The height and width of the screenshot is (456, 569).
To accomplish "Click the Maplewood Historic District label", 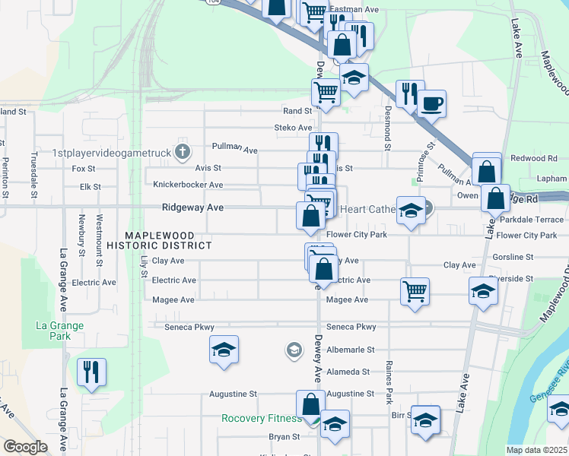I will [159, 240].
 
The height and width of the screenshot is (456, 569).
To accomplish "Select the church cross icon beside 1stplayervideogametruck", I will [182, 152].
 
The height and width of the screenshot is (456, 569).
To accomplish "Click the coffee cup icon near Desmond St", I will [431, 103].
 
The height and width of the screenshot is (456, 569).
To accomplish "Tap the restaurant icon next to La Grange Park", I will [92, 372].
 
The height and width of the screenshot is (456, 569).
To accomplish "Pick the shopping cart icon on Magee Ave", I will [415, 291].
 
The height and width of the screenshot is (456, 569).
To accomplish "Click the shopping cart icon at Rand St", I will [326, 93].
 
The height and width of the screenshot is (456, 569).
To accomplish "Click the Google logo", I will [25, 447].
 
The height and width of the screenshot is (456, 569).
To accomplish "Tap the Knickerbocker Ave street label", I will [188, 185].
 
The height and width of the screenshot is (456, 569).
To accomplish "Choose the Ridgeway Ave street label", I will [192, 207].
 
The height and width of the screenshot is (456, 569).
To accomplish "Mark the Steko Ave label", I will [294, 128].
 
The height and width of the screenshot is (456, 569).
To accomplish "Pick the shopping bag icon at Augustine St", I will [310, 404].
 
